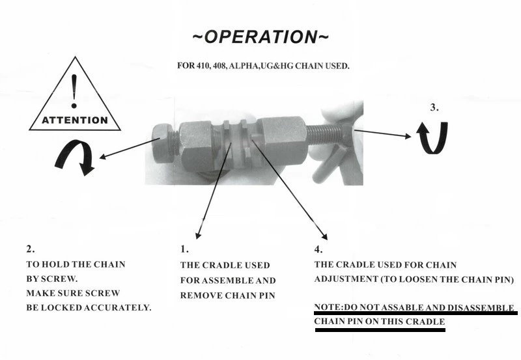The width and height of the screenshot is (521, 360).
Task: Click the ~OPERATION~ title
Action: [x=260, y=37]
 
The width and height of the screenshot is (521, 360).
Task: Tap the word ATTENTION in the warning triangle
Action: [x=74, y=120]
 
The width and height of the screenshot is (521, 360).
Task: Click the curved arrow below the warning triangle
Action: [x=74, y=157]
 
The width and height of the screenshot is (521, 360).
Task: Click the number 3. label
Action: [x=435, y=107]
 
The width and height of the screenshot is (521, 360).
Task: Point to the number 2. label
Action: [x=30, y=249]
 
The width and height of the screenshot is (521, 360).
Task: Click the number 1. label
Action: [x=184, y=249]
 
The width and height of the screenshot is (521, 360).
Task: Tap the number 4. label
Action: [x=318, y=249]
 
